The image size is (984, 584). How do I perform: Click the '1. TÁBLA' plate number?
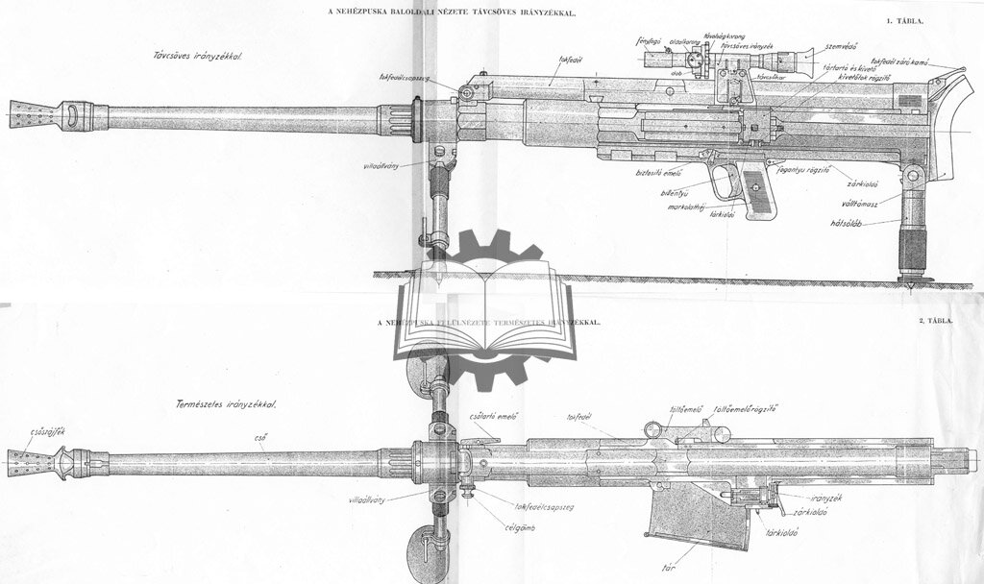(916, 20)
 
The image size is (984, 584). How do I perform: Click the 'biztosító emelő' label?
(658, 174)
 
